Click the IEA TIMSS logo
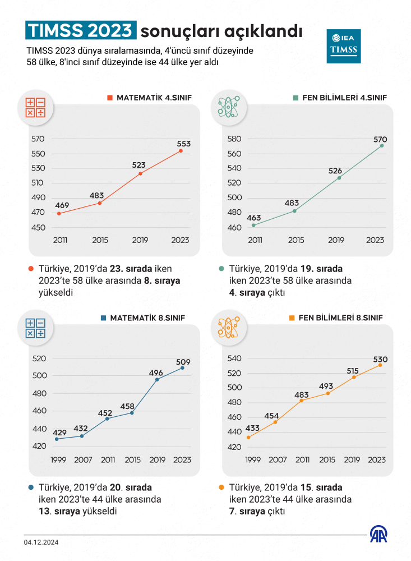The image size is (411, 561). click(344, 46)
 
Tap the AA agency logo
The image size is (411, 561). click(380, 535)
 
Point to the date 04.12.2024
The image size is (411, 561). click(41, 542)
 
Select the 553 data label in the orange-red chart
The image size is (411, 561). click(183, 144)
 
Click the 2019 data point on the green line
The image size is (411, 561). click(339, 178)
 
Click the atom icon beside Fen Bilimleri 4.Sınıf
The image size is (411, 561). click(228, 107)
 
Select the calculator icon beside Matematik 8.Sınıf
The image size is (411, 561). click(35, 329)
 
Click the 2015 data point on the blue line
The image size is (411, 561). click(132, 413)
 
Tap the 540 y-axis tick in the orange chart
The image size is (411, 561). click(234, 358)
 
